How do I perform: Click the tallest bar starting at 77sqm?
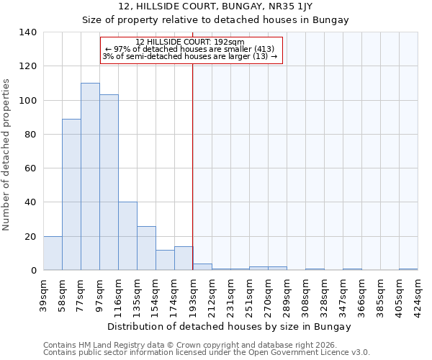[90, 176]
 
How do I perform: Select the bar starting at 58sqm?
[71, 194]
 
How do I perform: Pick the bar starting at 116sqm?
[127, 236]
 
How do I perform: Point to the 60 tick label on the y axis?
[30, 168]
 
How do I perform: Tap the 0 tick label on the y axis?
[33, 271]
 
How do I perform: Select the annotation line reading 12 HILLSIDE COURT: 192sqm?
[190, 42]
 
